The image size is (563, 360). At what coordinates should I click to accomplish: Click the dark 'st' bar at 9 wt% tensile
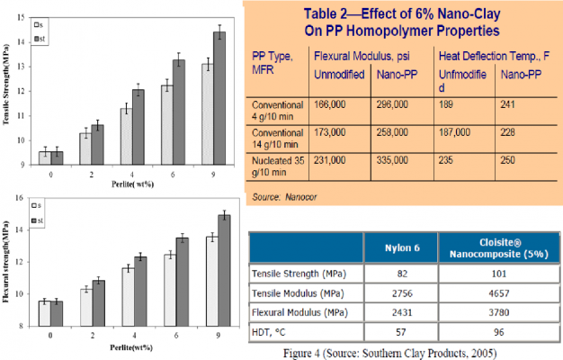(219, 99)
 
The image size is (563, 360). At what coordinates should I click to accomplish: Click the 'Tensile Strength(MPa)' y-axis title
(8, 90)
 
